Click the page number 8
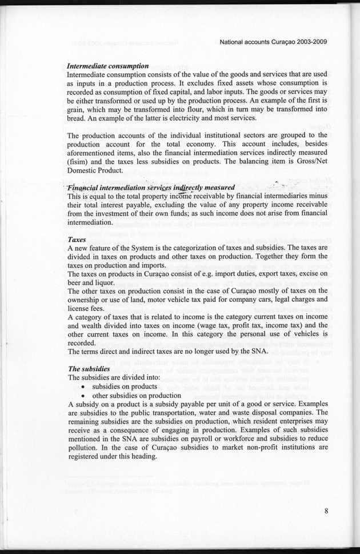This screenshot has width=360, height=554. coord(325,512)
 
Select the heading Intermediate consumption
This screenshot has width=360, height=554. coord(108,66)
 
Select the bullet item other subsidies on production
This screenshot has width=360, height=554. coord(133,396)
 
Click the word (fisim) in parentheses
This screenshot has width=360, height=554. coord(79,161)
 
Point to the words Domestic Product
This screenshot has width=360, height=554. coord(94,170)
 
